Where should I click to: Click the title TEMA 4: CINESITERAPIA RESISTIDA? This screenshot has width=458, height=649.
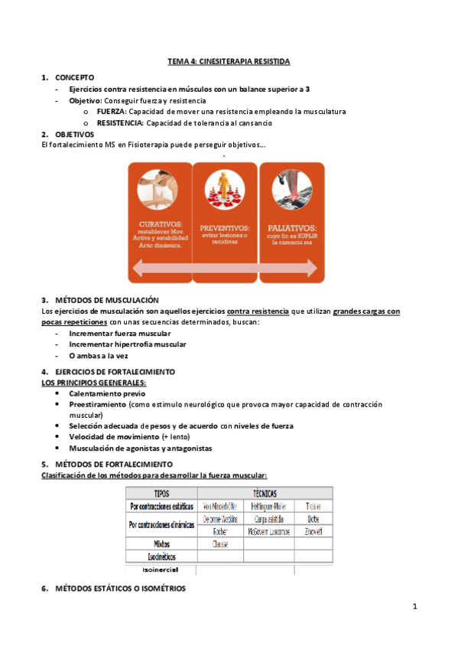tap(229, 60)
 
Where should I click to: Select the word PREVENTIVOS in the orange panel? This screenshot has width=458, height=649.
tap(225, 228)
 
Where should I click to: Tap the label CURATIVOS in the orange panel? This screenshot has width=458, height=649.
tap(161, 223)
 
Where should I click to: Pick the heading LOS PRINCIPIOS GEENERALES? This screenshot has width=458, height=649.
tap(93, 382)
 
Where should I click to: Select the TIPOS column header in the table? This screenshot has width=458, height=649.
tap(161, 494)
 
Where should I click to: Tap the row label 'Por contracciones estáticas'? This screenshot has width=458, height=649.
tap(161, 507)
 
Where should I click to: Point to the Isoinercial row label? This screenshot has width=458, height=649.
tap(161, 570)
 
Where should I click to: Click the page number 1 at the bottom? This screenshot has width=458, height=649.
tap(414, 607)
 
